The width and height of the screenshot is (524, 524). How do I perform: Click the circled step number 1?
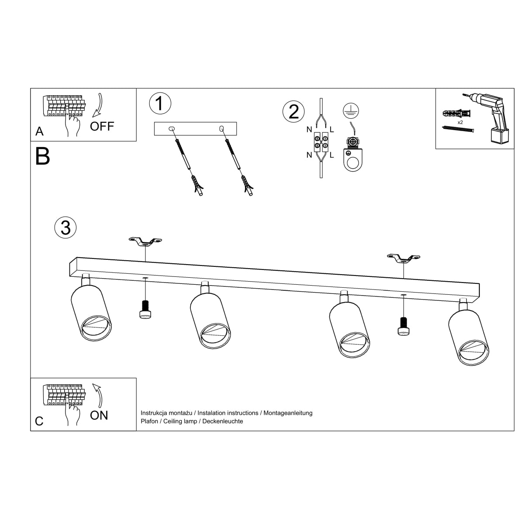(x=160, y=103)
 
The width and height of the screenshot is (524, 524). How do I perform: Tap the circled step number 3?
(x=65, y=228)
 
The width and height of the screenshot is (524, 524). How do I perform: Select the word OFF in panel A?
(x=102, y=127)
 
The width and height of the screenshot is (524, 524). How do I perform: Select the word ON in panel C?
(x=99, y=415)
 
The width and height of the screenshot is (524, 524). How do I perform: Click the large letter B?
(x=43, y=156)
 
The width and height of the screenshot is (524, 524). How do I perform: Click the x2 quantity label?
(x=460, y=122)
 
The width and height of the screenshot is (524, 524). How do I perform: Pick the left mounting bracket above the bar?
(x=145, y=241)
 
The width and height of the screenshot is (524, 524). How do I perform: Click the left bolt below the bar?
(x=145, y=310)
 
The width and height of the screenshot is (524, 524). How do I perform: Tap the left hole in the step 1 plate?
(x=171, y=128)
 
